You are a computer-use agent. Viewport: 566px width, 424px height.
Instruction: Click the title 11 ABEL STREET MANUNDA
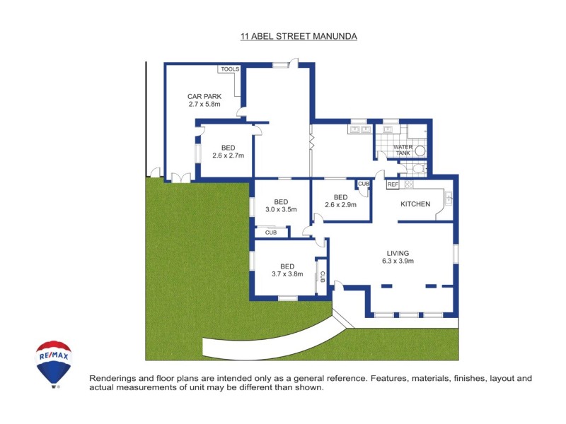[x=298, y=36]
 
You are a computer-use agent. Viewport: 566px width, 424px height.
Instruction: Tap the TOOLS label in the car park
[x=230, y=69]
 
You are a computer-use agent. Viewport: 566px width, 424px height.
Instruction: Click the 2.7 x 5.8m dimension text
[x=204, y=105]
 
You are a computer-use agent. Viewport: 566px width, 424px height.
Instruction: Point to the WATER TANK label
[x=403, y=150]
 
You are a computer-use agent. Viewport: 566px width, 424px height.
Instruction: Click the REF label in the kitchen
[x=393, y=184]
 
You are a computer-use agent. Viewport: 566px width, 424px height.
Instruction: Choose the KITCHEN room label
[x=415, y=204]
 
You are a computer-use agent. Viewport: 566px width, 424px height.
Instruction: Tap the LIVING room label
[x=398, y=253]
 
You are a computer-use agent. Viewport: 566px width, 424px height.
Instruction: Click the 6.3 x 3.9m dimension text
[x=398, y=261]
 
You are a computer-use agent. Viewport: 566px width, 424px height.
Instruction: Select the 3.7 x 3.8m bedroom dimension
[x=287, y=274]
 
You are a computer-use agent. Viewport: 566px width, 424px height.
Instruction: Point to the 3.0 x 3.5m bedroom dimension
[x=281, y=209]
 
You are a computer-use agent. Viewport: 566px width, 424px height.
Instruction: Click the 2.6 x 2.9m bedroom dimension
[x=340, y=206]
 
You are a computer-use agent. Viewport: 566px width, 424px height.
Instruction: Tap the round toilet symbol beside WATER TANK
[x=420, y=151]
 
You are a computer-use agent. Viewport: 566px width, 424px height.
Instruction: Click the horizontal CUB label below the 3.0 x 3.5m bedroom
[x=271, y=232]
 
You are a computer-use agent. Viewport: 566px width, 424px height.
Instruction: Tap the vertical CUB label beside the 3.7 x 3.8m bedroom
[x=322, y=277]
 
